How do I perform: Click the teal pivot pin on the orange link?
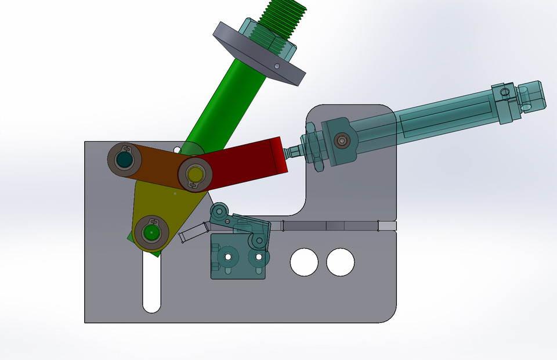click(124, 159)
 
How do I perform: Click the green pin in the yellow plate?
click(151, 232)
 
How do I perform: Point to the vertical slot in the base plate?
click(151, 285)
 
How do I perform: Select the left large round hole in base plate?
click(304, 262)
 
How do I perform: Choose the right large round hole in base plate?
click(340, 262)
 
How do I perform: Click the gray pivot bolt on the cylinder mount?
click(342, 140)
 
